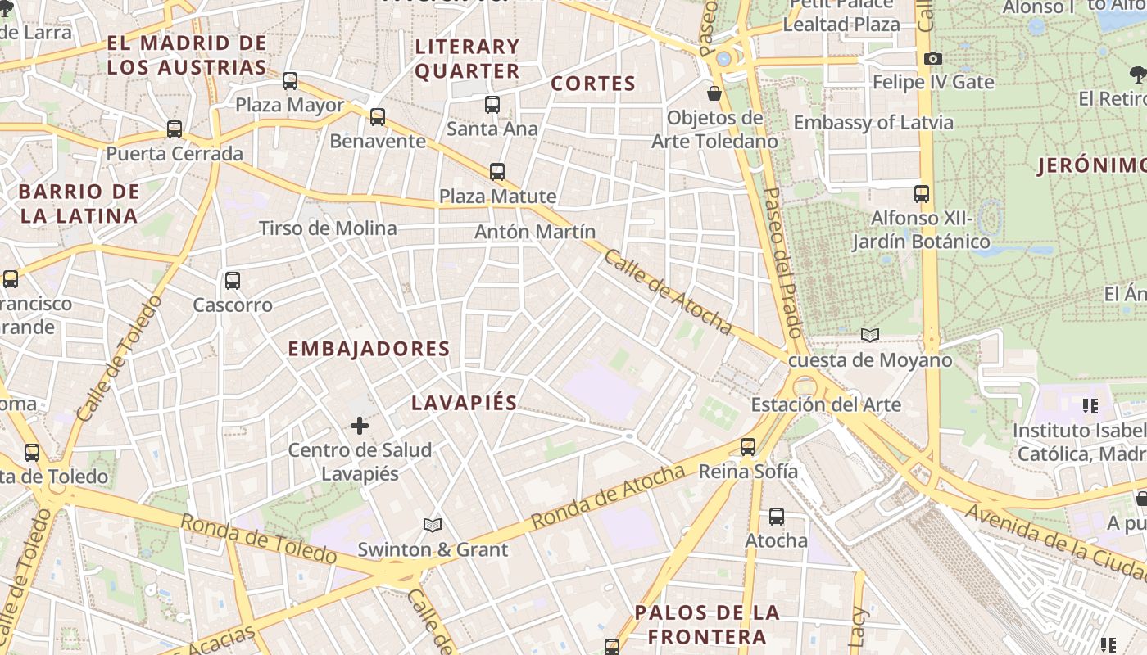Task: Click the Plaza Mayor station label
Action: click(x=290, y=105)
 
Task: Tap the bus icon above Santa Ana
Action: click(x=492, y=105)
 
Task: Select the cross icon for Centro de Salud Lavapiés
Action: click(x=360, y=426)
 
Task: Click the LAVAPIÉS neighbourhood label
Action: click(x=465, y=403)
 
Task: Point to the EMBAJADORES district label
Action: click(x=369, y=349)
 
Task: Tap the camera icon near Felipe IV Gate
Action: click(x=932, y=58)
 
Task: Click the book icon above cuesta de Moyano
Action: click(x=870, y=335)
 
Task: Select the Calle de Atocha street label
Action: click(x=668, y=292)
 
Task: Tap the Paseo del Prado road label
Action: click(x=782, y=262)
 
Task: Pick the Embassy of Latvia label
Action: click(x=873, y=123)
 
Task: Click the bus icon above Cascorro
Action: click(x=233, y=281)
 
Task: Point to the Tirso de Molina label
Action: click(x=328, y=228)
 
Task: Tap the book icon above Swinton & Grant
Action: click(x=433, y=525)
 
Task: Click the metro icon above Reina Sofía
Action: click(x=748, y=446)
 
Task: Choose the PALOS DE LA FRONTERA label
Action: click(x=706, y=625)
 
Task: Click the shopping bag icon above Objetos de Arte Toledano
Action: click(x=714, y=93)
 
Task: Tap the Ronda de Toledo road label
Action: click(x=258, y=540)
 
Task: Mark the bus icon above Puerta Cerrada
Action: click(x=175, y=129)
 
